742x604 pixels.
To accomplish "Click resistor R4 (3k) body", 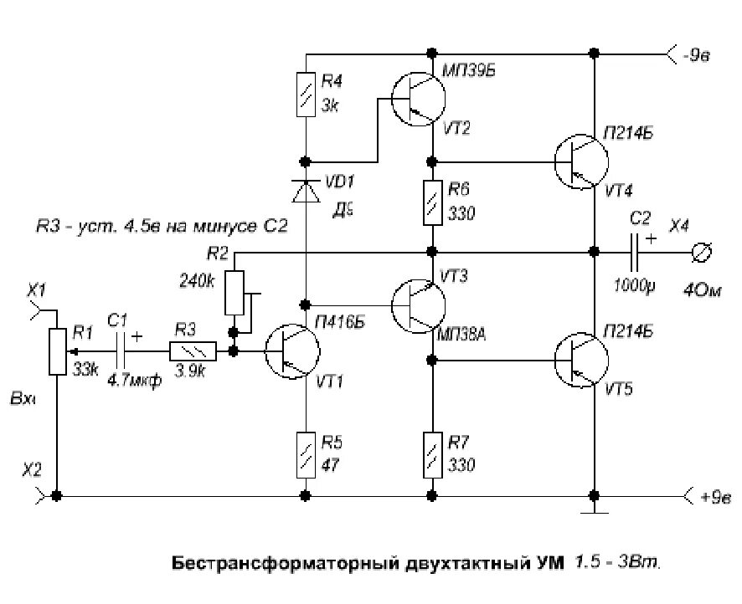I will [x=306, y=95].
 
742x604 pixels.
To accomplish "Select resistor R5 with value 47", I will [x=306, y=453].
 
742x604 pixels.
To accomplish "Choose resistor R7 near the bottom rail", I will [x=432, y=453].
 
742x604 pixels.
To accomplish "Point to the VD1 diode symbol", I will [x=306, y=191].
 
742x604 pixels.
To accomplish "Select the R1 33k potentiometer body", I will [x=56, y=351].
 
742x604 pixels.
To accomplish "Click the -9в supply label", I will [x=696, y=54].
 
